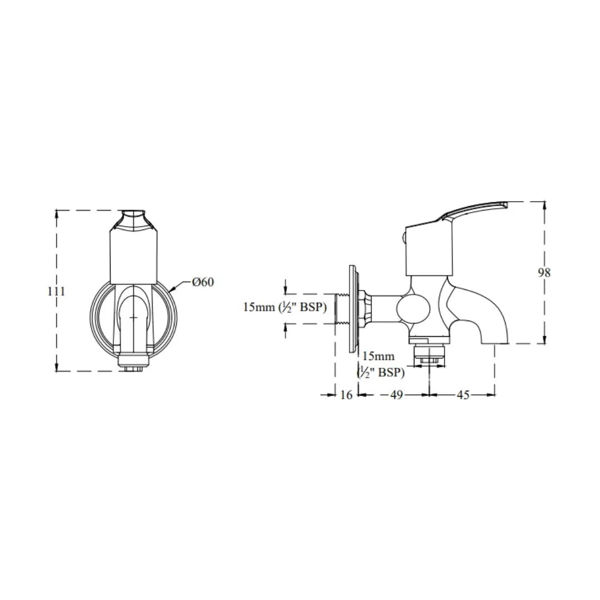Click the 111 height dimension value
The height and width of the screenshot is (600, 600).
click(x=56, y=291)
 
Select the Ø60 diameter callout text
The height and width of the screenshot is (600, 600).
click(x=203, y=282)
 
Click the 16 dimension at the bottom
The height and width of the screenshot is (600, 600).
click(x=346, y=395)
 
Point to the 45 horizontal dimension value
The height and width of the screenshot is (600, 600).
click(x=462, y=395)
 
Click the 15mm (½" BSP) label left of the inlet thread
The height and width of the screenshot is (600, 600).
click(x=284, y=307)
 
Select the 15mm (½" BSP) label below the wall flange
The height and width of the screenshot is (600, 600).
click(x=381, y=364)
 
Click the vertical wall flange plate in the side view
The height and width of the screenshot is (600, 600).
click(x=352, y=308)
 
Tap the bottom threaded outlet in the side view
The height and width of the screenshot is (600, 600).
click(x=429, y=356)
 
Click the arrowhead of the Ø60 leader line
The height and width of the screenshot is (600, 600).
click(x=172, y=289)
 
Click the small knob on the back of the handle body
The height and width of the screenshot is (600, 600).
click(x=404, y=239)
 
